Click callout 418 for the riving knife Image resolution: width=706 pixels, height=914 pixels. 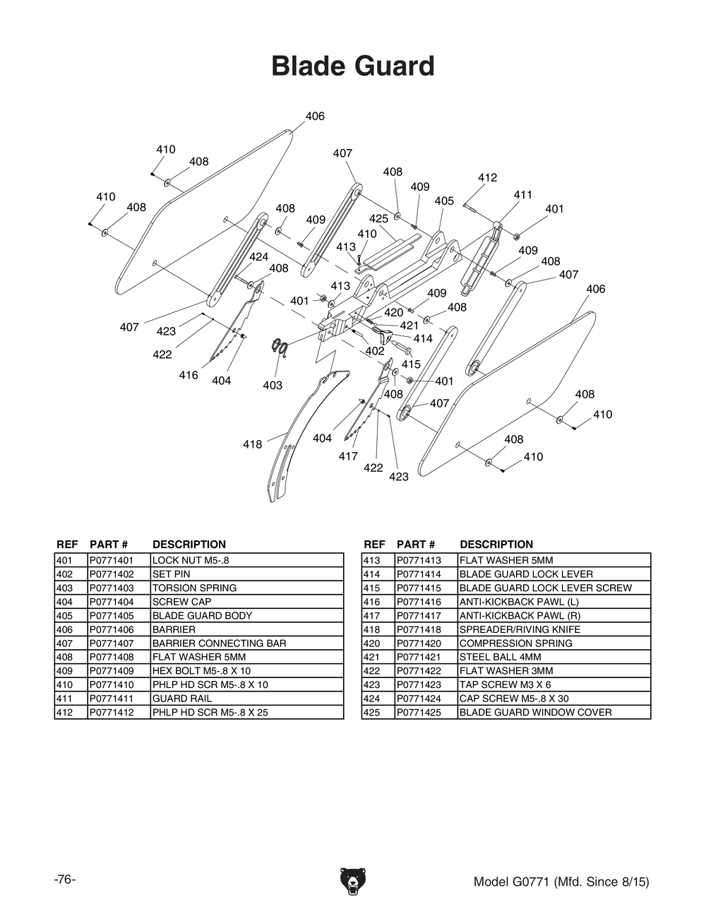pos(252,444)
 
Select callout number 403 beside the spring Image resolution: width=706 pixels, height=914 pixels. pos(273,385)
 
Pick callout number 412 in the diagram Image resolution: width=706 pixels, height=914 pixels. pos(487,178)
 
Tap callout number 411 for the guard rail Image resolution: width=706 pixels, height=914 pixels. pos(522,195)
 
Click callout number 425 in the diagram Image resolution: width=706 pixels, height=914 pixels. pos(378,219)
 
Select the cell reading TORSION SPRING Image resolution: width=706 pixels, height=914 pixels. pos(194,588)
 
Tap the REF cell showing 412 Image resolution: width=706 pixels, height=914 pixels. pos(65,713)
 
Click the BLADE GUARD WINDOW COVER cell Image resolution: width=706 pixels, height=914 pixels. pos(535,713)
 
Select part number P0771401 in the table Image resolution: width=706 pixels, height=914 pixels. pos(112,560)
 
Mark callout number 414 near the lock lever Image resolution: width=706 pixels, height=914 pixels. pos(423,339)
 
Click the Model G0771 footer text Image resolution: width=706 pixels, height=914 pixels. pos(561,882)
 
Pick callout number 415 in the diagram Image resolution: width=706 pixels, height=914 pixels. pos(411,364)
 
